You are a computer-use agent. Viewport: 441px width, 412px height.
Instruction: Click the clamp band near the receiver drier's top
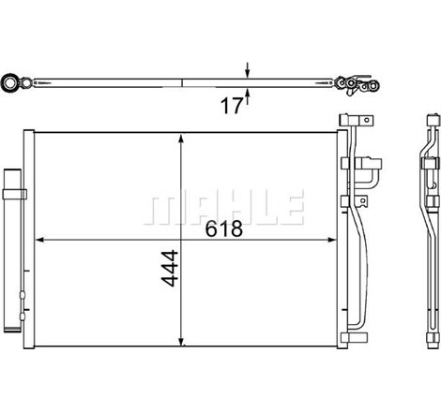(x=15, y=194)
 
